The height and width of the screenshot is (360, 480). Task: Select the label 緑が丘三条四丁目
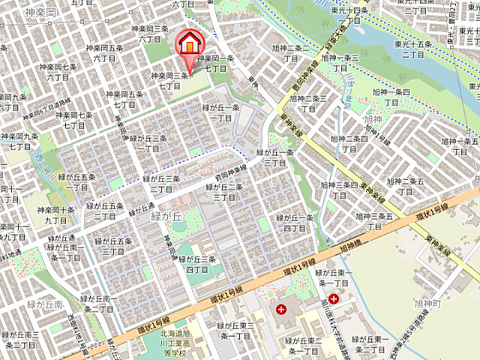[x=202, y=264]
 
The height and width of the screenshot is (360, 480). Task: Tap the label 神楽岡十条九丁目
[x=55, y=215]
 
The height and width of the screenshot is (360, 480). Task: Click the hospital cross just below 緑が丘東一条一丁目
[x=333, y=299]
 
